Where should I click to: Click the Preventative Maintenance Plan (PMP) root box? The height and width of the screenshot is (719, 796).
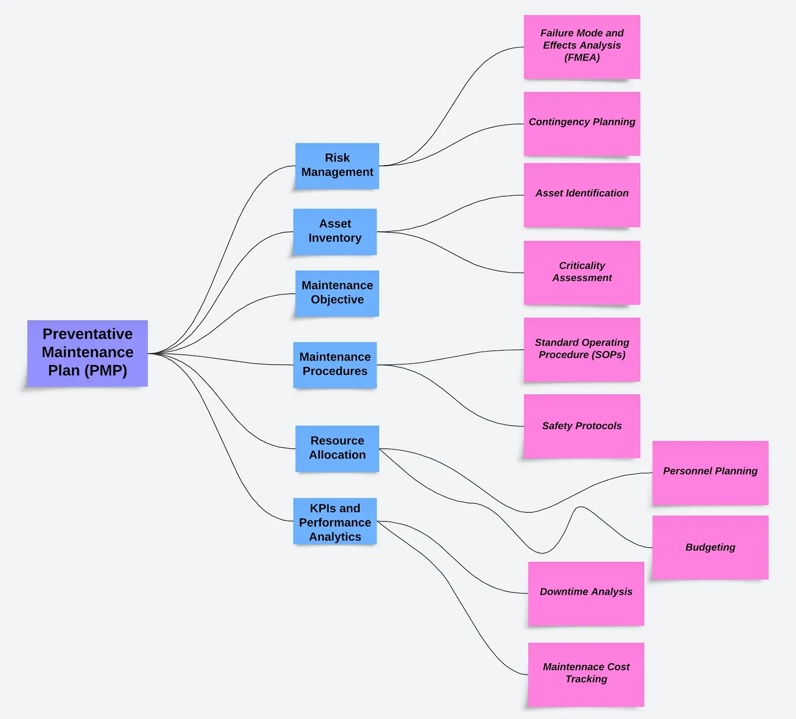tap(88, 353)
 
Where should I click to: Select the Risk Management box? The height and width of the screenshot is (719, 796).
tap(337, 166)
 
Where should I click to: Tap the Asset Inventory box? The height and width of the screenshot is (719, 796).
tap(335, 231)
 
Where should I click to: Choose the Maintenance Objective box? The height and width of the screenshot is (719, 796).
tap(337, 293)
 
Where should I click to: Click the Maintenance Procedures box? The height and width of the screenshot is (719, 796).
tap(335, 364)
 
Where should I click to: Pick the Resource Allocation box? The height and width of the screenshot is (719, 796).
tap(337, 448)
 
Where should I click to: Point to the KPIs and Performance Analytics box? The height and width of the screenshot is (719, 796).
tap(335, 522)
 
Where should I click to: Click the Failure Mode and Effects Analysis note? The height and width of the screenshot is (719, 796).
tap(582, 46)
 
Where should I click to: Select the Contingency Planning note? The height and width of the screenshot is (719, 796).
tap(582, 123)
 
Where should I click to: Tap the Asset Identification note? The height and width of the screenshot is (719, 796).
tap(582, 194)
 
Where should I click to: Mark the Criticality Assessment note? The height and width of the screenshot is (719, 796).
tap(582, 272)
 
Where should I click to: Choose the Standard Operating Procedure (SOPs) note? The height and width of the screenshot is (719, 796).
tap(582, 349)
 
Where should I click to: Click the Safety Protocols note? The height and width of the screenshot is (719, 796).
tap(582, 426)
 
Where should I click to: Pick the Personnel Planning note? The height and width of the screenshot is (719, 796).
tap(710, 472)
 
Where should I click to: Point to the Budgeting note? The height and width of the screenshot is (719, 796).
tap(710, 547)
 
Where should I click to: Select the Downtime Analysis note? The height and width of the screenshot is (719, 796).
tap(586, 593)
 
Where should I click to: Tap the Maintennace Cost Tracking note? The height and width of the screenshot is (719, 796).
tap(586, 674)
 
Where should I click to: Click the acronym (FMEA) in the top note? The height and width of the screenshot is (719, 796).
tap(582, 58)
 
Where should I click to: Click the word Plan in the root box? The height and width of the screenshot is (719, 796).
tap(64, 371)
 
